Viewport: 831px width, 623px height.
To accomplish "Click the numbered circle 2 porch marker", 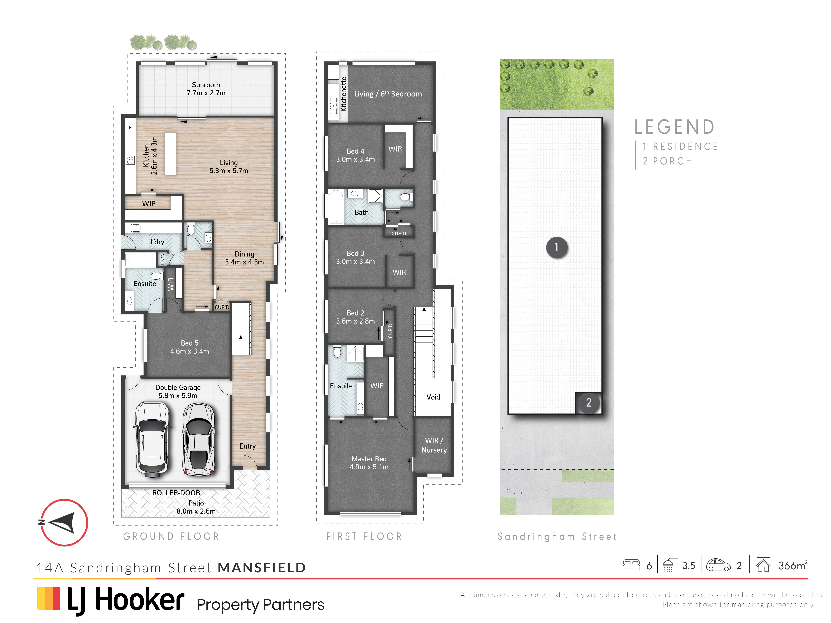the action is [589, 403].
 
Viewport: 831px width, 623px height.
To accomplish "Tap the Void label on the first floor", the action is [433, 397].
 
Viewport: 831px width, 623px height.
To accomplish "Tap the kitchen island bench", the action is [171, 154].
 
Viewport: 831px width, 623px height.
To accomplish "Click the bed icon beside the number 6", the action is [631, 565].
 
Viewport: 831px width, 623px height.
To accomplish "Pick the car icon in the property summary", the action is [718, 565].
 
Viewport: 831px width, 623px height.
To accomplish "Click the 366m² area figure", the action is [793, 565].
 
